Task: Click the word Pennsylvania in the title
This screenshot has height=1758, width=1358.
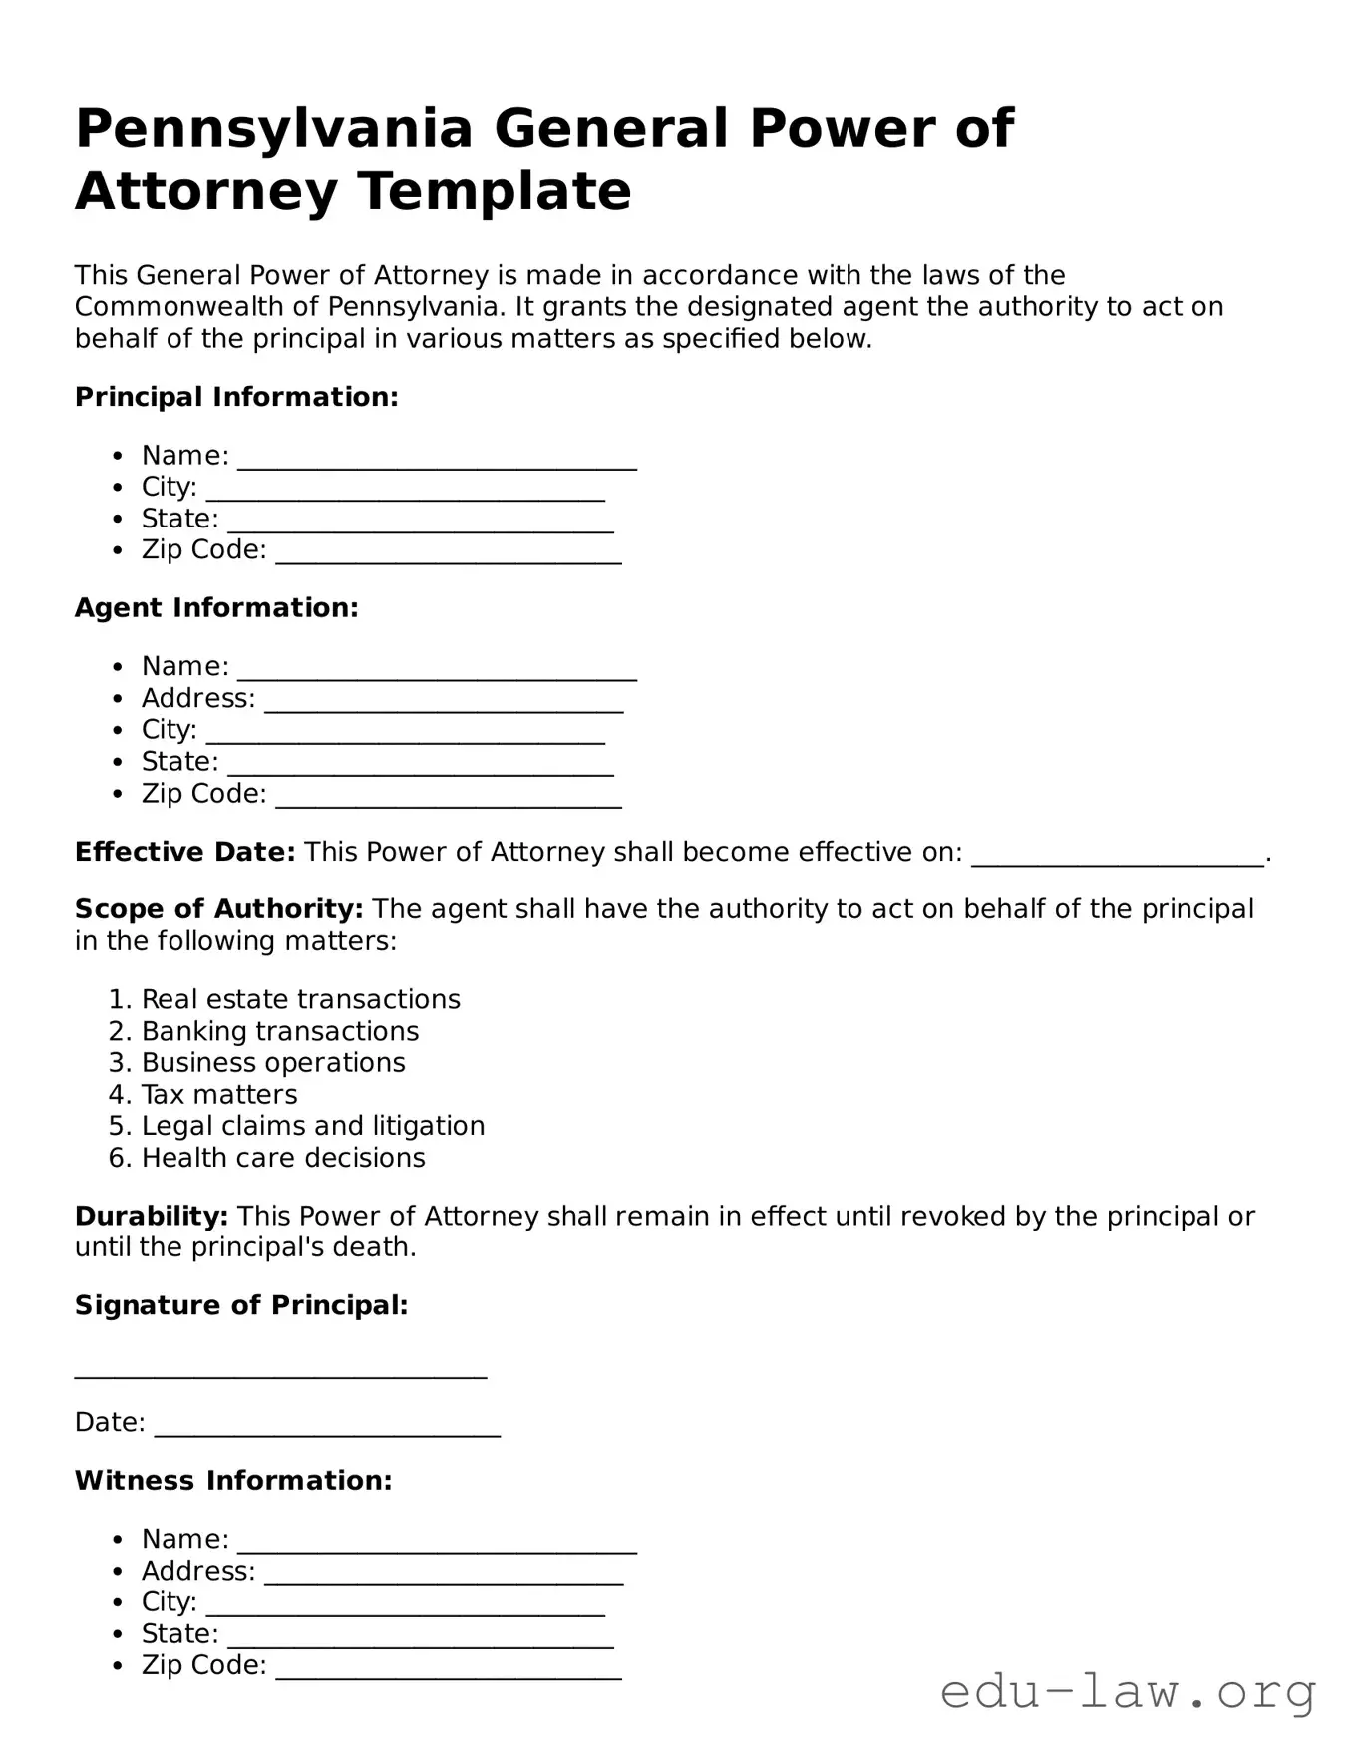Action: pos(273,130)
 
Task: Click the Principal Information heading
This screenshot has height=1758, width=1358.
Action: pos(236,397)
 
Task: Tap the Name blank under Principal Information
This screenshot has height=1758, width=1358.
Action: pos(437,459)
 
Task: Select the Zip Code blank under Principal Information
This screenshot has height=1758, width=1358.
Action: pos(448,553)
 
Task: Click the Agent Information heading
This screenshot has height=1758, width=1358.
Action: pos(216,608)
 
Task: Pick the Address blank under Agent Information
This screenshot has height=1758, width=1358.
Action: pos(444,702)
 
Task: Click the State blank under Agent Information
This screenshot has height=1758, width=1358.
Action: pos(420,765)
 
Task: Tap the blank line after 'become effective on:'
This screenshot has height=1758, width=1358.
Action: pos(1117,856)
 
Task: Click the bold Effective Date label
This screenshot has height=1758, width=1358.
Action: pos(184,852)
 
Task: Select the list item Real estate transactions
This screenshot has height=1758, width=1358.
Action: pos(300,999)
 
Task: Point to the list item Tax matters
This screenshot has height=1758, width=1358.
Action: pos(219,1094)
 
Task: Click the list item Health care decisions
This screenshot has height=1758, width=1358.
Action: pos(283,1158)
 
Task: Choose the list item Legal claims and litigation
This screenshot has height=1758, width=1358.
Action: pos(313,1126)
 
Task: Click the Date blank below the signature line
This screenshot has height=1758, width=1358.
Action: pos(327,1426)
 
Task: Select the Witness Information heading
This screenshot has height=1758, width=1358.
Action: pos(233,1481)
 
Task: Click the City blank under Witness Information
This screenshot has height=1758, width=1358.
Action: pos(405,1605)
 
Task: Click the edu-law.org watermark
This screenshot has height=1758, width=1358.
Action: pos(1128,1692)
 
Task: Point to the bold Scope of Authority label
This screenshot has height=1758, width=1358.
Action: pos(218,909)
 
